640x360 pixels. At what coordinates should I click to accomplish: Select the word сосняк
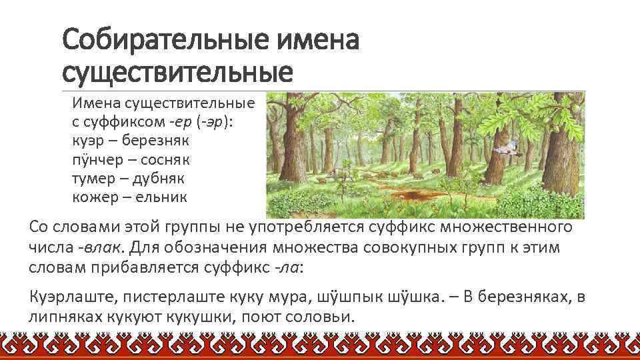pyautogui.click(x=162, y=160)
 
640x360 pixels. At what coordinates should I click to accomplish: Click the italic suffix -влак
pyautogui.click(x=100, y=248)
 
